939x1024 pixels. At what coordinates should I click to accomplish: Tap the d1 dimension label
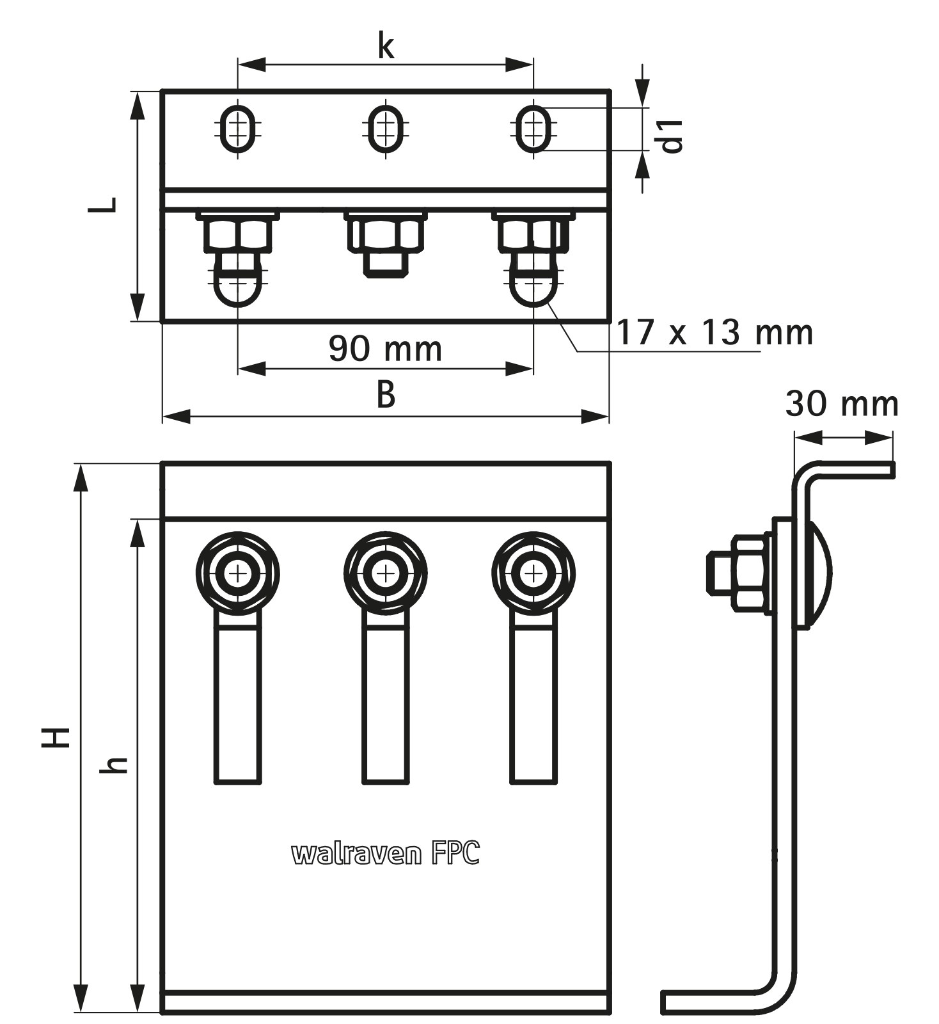[672, 136]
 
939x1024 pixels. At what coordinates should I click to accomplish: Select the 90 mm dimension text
[385, 349]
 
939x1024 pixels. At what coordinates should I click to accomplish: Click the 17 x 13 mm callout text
[714, 332]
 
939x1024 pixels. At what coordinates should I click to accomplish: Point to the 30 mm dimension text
[842, 403]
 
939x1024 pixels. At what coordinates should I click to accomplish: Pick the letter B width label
[386, 395]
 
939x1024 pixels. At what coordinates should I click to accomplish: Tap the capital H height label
[56, 737]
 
